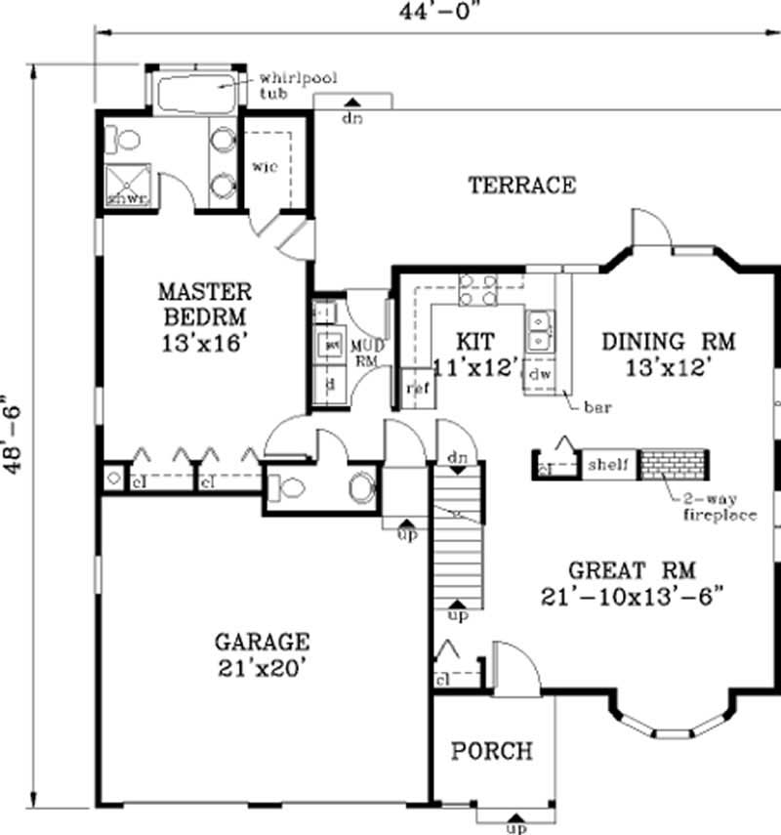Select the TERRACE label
click(x=521, y=185)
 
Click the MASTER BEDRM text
click(x=205, y=304)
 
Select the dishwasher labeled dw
click(x=538, y=374)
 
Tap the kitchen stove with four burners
click(x=477, y=290)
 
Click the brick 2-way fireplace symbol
click(x=673, y=464)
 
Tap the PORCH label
click(x=492, y=751)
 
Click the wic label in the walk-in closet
click(x=265, y=166)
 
